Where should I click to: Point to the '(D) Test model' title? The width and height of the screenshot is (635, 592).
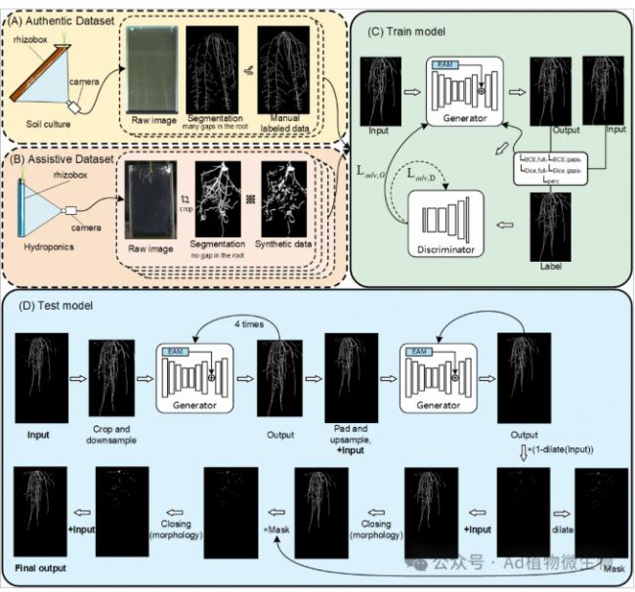(x=59, y=306)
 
